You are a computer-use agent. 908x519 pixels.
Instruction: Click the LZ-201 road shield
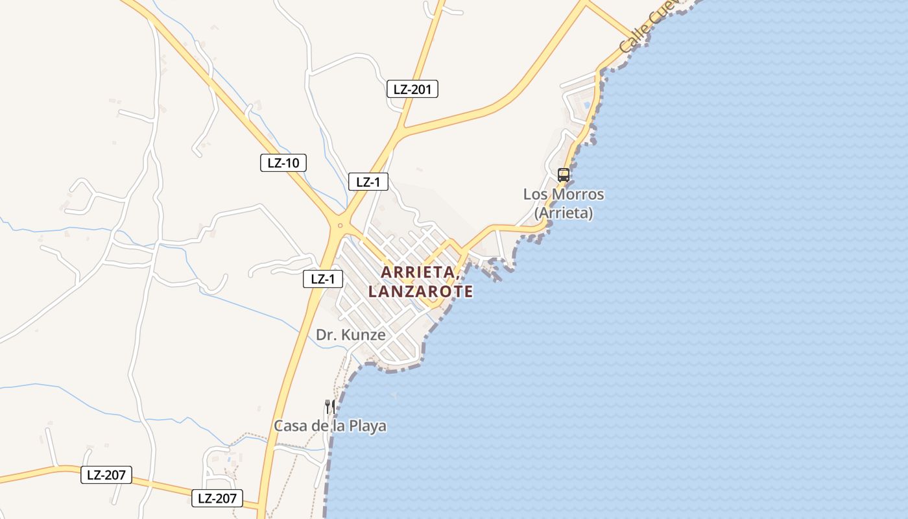(412, 90)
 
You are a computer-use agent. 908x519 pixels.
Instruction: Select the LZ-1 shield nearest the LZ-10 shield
(368, 182)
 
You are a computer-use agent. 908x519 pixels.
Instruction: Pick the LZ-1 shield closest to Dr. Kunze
(322, 280)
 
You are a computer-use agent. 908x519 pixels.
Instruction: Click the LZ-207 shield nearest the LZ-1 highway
(217, 498)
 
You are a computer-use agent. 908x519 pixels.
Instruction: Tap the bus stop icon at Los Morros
(563, 175)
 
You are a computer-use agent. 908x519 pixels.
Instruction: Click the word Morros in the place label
(580, 195)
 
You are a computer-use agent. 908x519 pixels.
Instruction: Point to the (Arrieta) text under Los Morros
(563, 212)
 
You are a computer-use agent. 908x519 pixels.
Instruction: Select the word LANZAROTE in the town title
(420, 292)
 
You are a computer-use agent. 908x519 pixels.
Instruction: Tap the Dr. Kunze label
(350, 335)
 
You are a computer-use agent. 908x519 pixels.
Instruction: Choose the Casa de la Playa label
(330, 426)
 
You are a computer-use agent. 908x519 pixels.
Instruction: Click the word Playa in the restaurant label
(368, 426)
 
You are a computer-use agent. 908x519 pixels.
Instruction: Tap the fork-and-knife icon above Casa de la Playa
(330, 406)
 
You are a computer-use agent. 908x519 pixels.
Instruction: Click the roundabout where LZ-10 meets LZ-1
(340, 225)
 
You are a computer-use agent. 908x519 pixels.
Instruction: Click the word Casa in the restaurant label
(289, 426)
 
